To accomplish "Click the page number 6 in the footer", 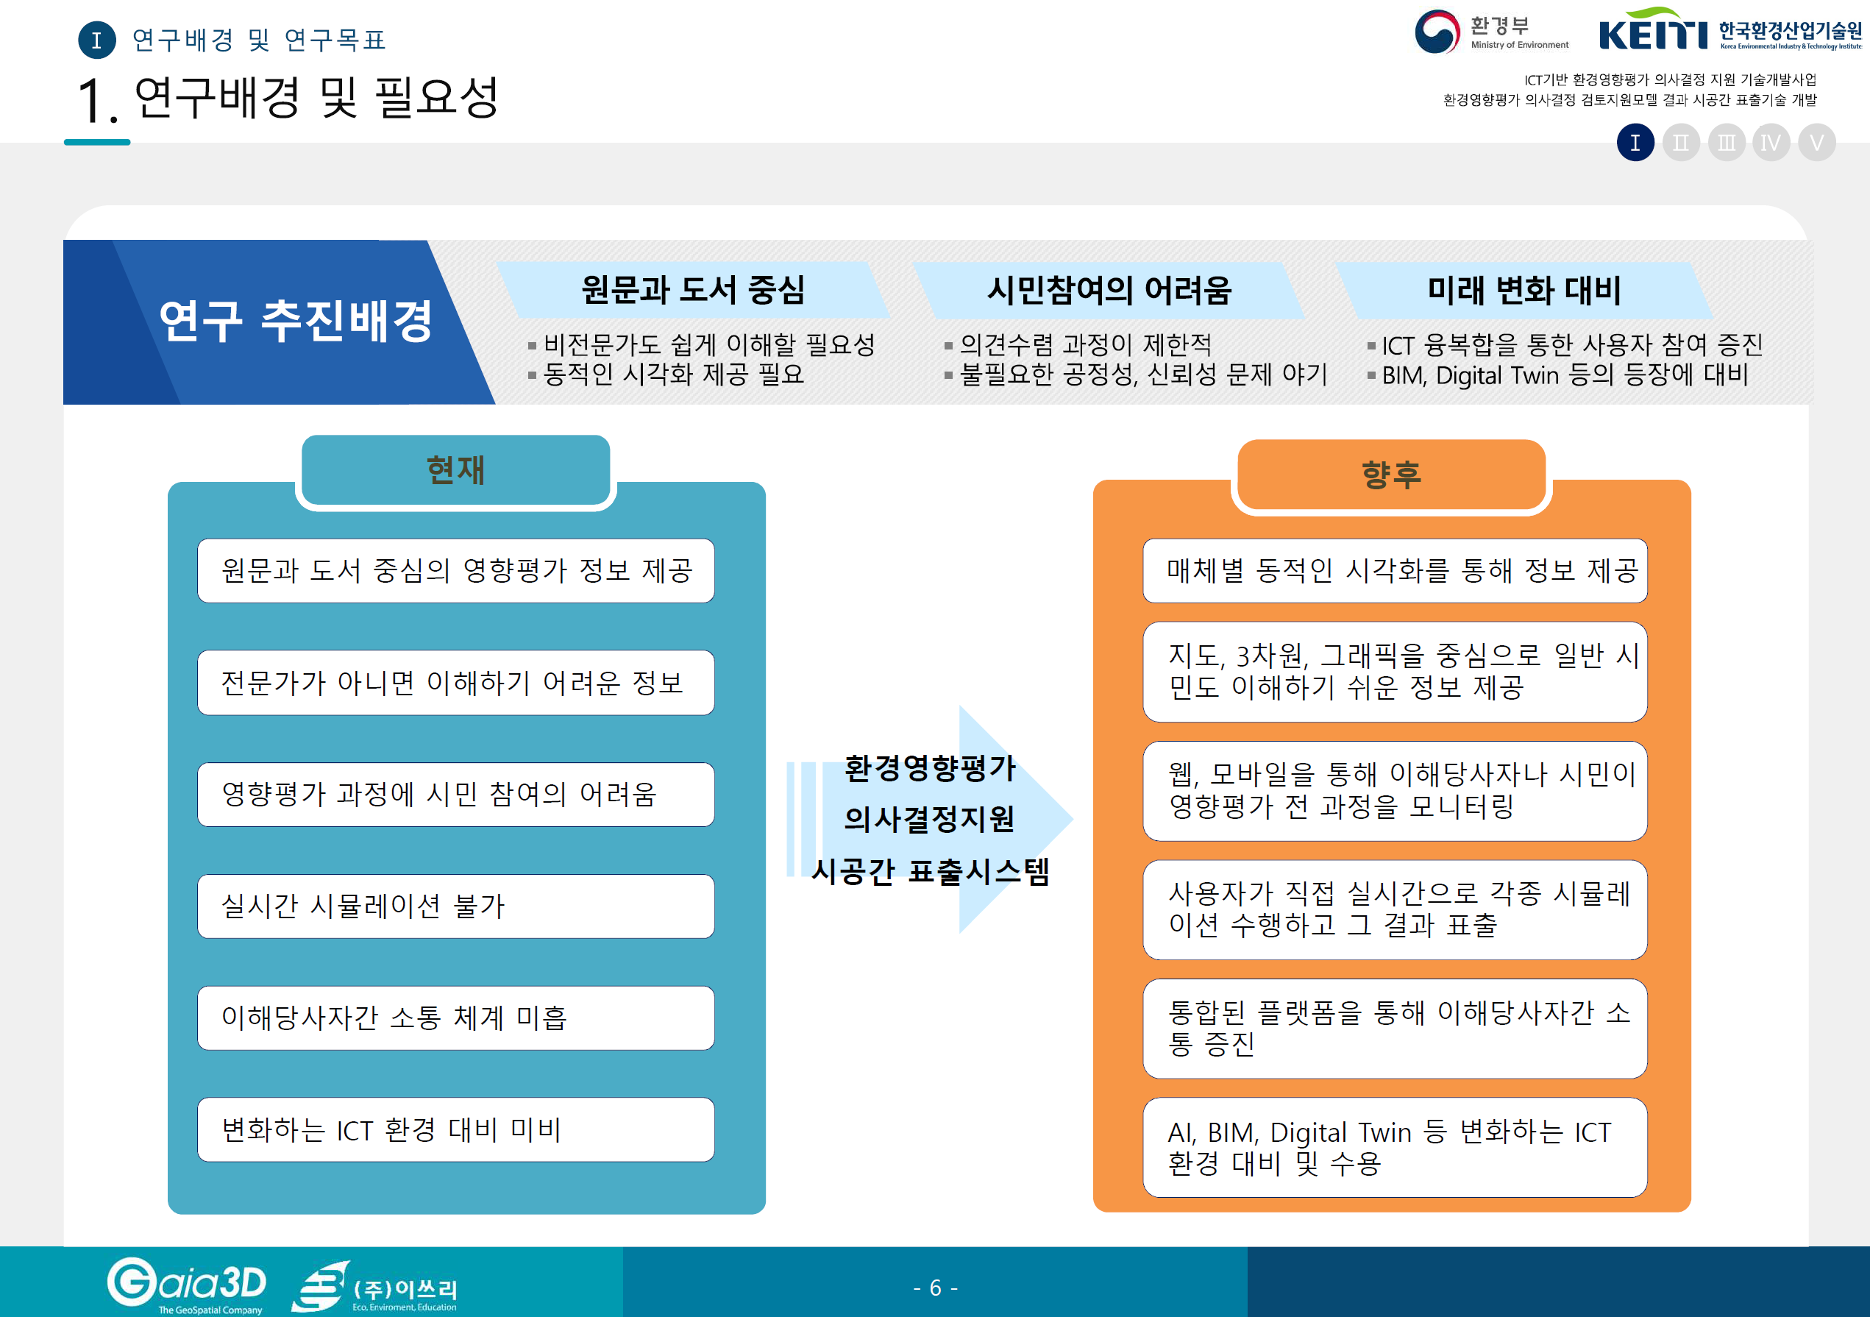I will pyautogui.click(x=935, y=1288).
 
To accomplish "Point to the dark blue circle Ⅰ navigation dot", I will pyautogui.click(x=1635, y=143).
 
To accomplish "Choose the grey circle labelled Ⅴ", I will pyautogui.click(x=1816, y=143).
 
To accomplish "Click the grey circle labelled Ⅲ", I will pyautogui.click(x=1726, y=143).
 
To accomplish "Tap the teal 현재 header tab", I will pyautogui.click(x=455, y=471).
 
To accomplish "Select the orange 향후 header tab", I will pyautogui.click(x=1390, y=475).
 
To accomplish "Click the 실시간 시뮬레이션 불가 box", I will pyautogui.click(x=455, y=906).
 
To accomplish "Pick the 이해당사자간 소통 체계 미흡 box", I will pyautogui.click(x=455, y=1018).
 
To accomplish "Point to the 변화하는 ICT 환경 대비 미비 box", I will pyautogui.click(x=455, y=1129).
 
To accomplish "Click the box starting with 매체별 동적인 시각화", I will pyautogui.click(x=1394, y=570).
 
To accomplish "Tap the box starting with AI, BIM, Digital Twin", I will pyautogui.click(x=1394, y=1147).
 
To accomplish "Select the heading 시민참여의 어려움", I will pyautogui.click(x=1109, y=290).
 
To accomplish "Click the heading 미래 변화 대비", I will pyautogui.click(x=1524, y=290).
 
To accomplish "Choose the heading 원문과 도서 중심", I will pyautogui.click(x=693, y=290).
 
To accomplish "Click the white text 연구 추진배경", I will pyautogui.click(x=295, y=321).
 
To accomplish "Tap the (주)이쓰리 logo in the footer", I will pyautogui.click(x=377, y=1288).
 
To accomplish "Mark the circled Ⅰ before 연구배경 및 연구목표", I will pyautogui.click(x=97, y=40).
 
